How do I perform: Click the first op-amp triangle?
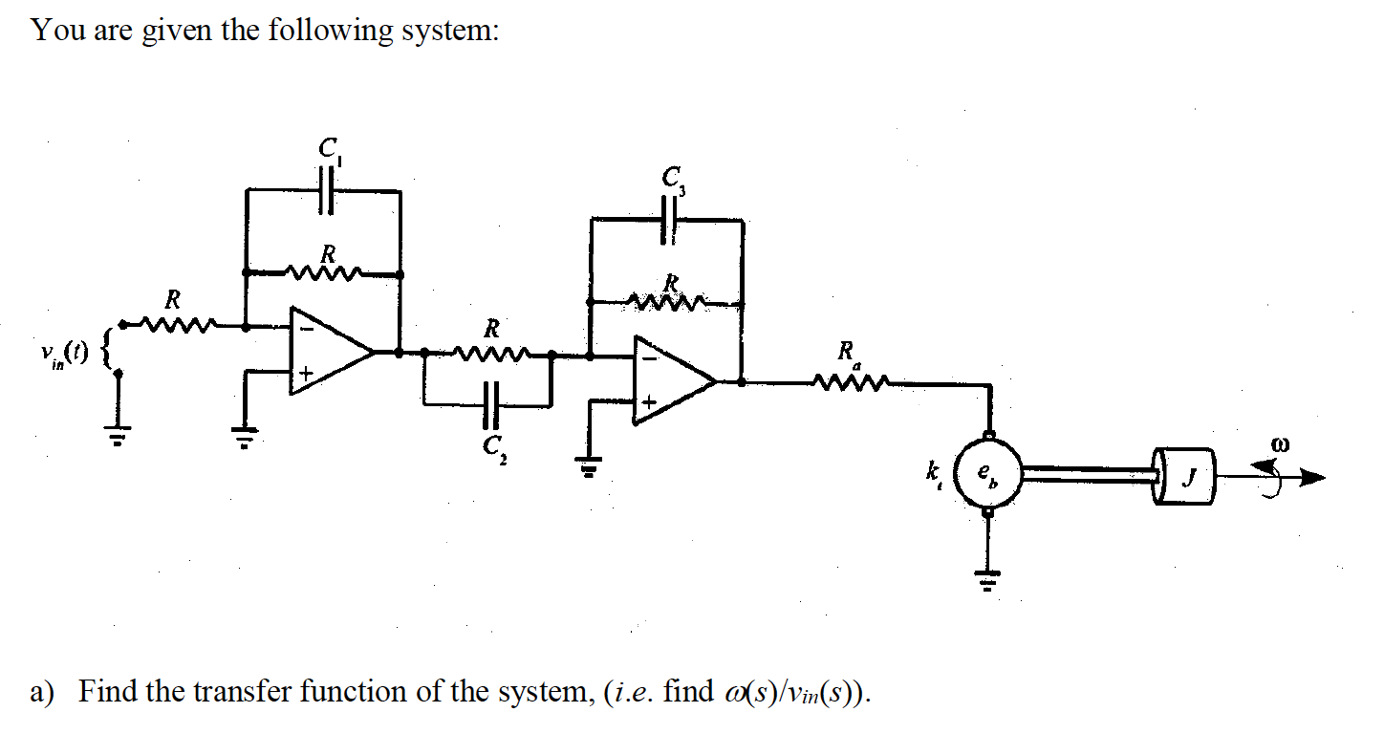click(330, 352)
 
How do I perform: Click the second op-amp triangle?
click(672, 380)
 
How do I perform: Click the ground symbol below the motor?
click(988, 577)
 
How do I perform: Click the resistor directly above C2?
click(491, 354)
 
